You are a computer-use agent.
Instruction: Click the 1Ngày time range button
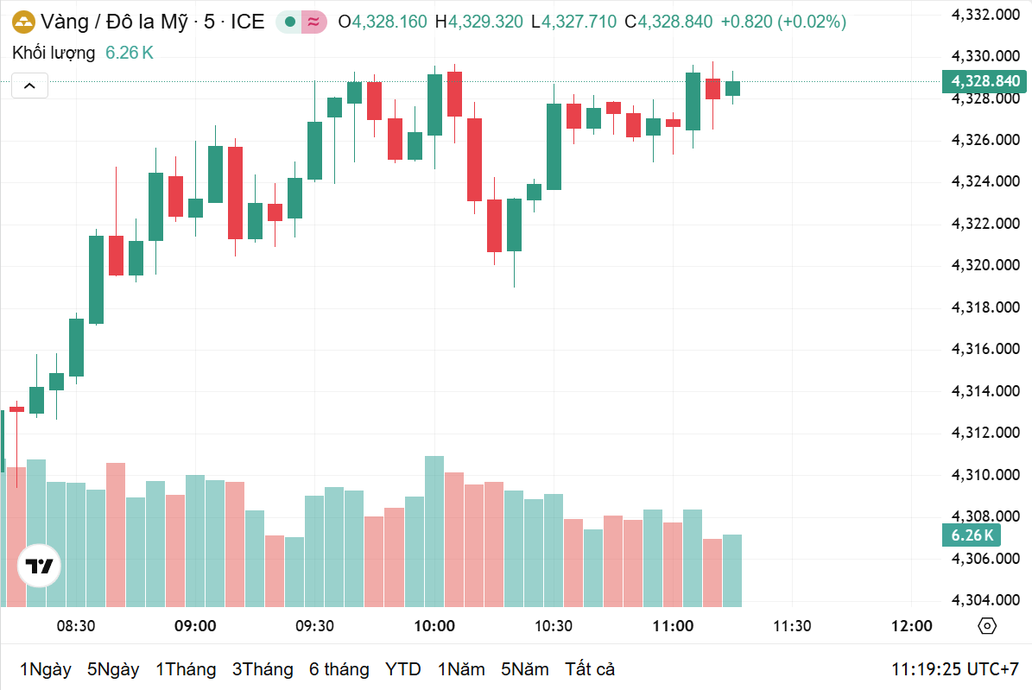click(x=46, y=669)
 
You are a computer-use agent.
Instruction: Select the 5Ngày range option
click(x=113, y=669)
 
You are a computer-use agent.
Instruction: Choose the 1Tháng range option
click(x=186, y=669)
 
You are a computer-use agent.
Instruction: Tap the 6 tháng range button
click(x=339, y=669)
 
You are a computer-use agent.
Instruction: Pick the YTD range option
click(x=402, y=669)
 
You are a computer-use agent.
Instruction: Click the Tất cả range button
click(x=590, y=669)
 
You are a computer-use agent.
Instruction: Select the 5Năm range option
click(x=525, y=669)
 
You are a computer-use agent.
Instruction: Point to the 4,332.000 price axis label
click(x=985, y=15)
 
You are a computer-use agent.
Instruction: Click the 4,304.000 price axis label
click(x=985, y=600)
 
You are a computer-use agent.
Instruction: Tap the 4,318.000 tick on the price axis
click(x=985, y=307)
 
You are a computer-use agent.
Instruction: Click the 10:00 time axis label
click(x=434, y=626)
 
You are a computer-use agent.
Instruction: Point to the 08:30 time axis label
click(x=76, y=626)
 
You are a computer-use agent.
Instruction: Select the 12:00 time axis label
click(x=911, y=626)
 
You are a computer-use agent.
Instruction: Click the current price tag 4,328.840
click(x=985, y=81)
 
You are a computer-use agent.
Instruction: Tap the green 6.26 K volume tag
click(x=972, y=535)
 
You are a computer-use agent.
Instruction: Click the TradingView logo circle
click(x=39, y=567)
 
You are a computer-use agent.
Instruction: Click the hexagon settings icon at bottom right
click(x=988, y=626)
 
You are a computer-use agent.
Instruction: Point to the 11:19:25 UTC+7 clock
click(x=955, y=669)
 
